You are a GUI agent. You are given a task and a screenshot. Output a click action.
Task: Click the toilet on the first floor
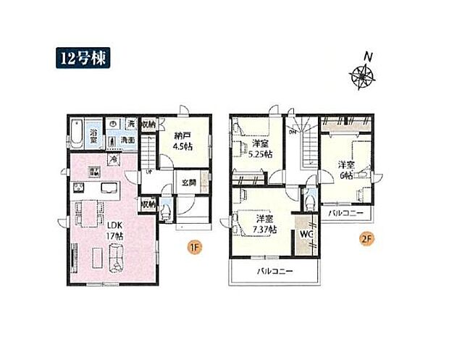[x=166, y=211]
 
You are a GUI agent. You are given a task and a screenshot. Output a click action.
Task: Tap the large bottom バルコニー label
[x=275, y=272]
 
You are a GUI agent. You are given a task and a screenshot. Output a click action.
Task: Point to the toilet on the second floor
[x=308, y=196]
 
